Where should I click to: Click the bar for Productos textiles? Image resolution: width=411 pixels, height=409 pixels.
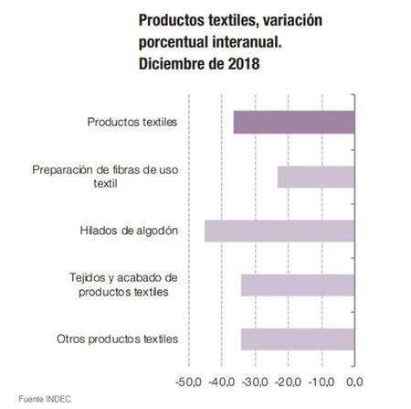[x=293, y=122]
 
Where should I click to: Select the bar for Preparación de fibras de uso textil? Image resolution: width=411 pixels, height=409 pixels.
[x=315, y=177]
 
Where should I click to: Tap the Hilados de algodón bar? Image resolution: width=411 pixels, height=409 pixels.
[x=279, y=231]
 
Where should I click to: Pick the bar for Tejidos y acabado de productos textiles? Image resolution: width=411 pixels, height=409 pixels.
[x=297, y=285]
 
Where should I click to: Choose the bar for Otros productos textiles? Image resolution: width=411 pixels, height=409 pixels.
[x=297, y=339]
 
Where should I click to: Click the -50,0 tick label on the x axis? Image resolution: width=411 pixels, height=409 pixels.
[x=189, y=381]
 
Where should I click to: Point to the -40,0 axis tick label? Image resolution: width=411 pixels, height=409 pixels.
[x=222, y=381]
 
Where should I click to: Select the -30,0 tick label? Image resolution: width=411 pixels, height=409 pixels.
[x=256, y=381]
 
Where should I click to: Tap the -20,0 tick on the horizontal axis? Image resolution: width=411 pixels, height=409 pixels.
[x=289, y=381]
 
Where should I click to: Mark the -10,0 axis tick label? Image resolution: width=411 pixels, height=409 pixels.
[x=321, y=381]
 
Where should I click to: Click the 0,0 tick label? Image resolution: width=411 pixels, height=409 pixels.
[x=353, y=381]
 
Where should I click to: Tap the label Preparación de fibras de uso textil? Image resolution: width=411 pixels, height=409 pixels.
[x=104, y=177]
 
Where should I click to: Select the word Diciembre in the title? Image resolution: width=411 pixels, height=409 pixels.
[x=171, y=64]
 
